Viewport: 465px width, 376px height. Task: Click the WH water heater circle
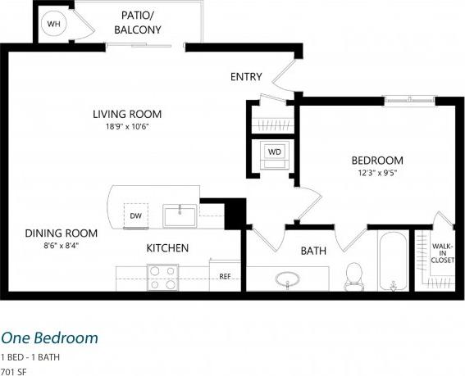[x=54, y=25]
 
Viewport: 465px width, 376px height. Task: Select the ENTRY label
[x=246, y=77]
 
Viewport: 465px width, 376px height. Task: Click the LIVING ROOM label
[x=126, y=114]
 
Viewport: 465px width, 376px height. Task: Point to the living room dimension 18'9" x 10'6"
[x=126, y=127]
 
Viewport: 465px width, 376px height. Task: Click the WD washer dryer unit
[x=273, y=152]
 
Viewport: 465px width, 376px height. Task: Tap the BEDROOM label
[x=377, y=160]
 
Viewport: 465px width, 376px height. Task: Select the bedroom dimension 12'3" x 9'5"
[x=377, y=173]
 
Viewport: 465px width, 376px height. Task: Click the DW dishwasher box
[x=135, y=215]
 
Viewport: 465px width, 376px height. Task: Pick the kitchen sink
[x=179, y=216]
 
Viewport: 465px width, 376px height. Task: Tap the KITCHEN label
[x=167, y=247]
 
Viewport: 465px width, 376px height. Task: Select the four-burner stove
[x=162, y=277]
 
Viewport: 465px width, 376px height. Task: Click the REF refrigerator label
[x=225, y=276]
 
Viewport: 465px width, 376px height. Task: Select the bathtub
[x=394, y=262]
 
